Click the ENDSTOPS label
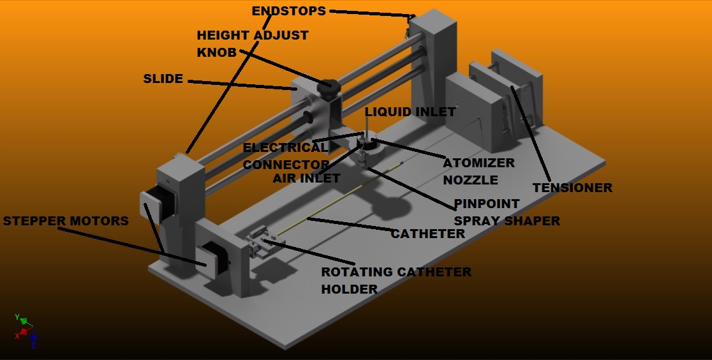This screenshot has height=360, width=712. click(288, 11)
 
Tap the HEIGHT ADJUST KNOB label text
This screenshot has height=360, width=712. click(252, 43)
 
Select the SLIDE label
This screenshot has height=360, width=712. click(163, 79)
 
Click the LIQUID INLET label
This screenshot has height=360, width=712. click(410, 112)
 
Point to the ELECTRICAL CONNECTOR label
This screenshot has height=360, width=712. click(285, 156)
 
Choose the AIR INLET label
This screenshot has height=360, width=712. click(306, 178)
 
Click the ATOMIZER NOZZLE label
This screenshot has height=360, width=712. click(478, 171)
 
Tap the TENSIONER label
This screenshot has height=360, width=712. click(572, 188)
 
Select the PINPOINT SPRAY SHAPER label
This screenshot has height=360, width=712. click(507, 213)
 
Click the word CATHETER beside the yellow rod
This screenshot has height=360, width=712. click(427, 234)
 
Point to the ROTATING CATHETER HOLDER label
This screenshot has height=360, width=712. click(396, 280)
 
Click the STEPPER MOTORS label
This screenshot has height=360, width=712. click(66, 221)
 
